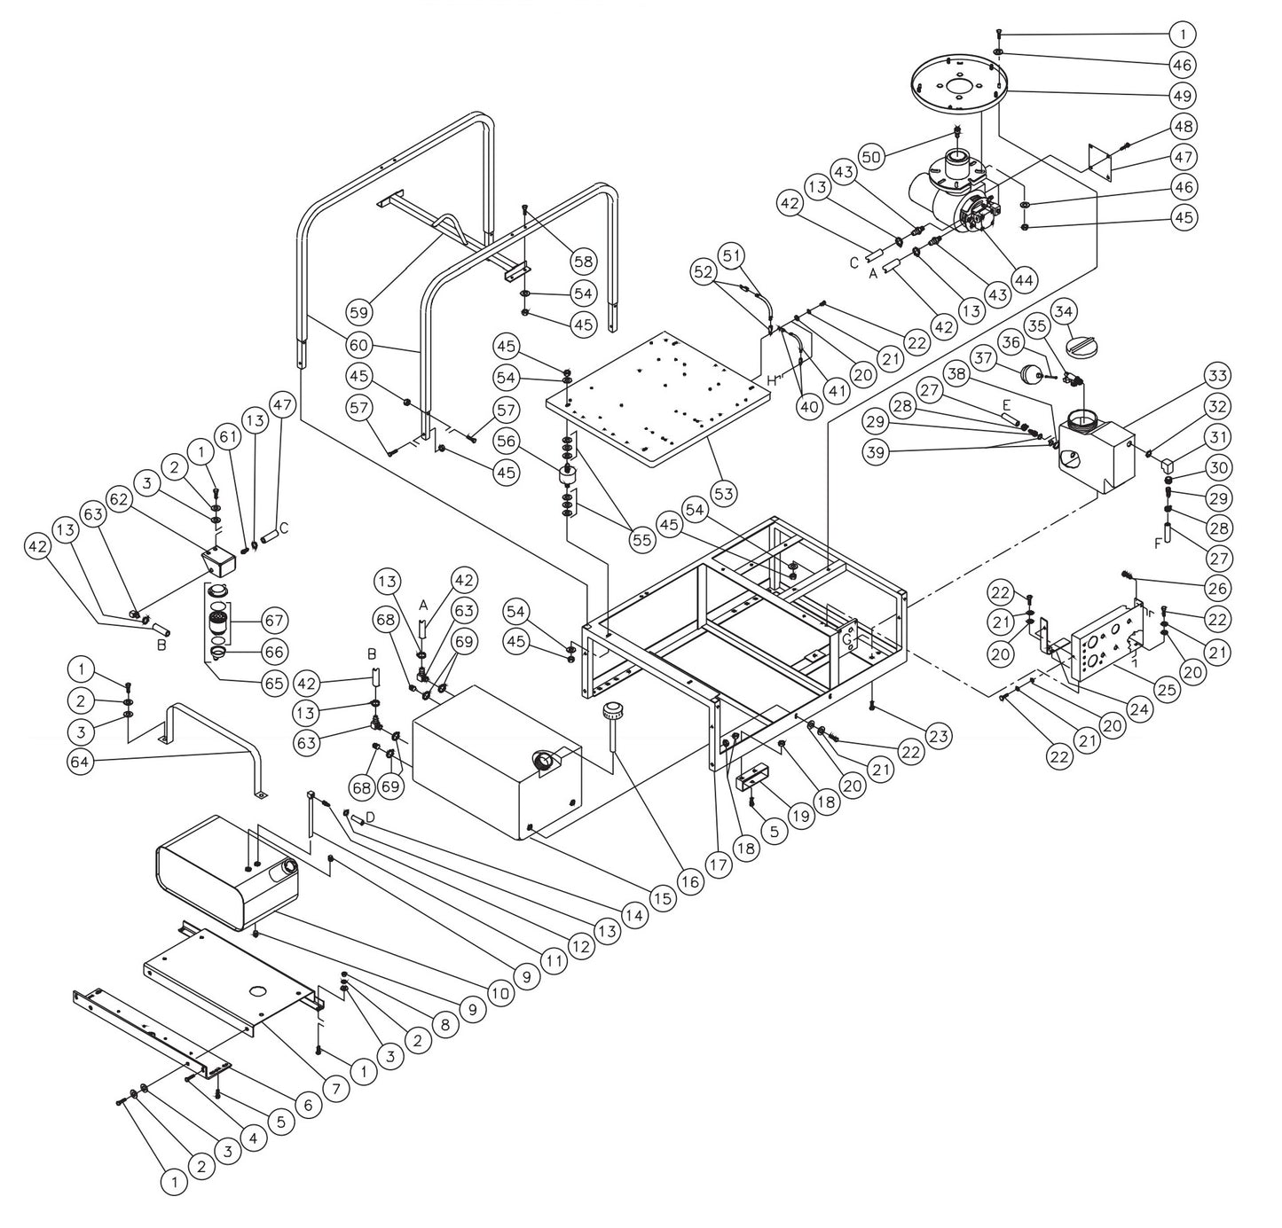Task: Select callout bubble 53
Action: pos(724,492)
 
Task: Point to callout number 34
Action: pos(1065,311)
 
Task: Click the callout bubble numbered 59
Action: pos(360,312)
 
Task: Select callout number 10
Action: pos(499,992)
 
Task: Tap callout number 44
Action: pos(1024,280)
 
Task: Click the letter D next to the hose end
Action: pos(370,816)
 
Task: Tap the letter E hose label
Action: pos(1005,403)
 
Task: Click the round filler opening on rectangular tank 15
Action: pos(544,761)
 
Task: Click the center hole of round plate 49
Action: pos(956,87)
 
